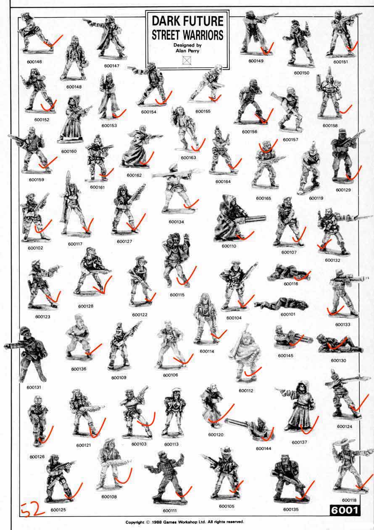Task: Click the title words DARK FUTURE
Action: pos(187,21)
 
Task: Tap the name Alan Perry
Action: pos(187,51)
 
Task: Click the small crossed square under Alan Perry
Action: pos(187,60)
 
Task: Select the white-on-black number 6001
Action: pos(345,511)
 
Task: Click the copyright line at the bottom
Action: pos(184,522)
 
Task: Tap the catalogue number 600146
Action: pos(34,62)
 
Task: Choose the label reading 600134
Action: pos(176,222)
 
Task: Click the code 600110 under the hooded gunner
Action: pos(229,246)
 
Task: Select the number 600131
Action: pos(34,387)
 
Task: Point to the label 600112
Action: pos(246,391)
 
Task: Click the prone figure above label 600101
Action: pos(282,304)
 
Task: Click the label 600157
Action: pos(290,139)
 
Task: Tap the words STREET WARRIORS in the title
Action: pos(187,35)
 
